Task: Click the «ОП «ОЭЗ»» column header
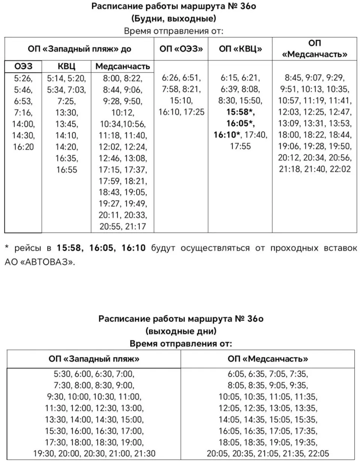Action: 181,49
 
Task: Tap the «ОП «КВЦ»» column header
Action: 240,49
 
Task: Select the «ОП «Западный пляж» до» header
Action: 79,49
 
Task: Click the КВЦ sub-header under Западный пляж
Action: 66,66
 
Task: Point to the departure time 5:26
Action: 23,78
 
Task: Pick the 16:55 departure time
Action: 66,170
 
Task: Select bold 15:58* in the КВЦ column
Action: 240,112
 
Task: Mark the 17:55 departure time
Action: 240,146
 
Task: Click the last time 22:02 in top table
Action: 340,169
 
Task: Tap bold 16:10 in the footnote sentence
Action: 133,248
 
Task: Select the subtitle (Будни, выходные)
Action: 174,18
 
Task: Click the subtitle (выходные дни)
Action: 181,331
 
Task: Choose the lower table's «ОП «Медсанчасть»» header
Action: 268,359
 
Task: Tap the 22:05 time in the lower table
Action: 318,453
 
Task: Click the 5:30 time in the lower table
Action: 62,374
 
